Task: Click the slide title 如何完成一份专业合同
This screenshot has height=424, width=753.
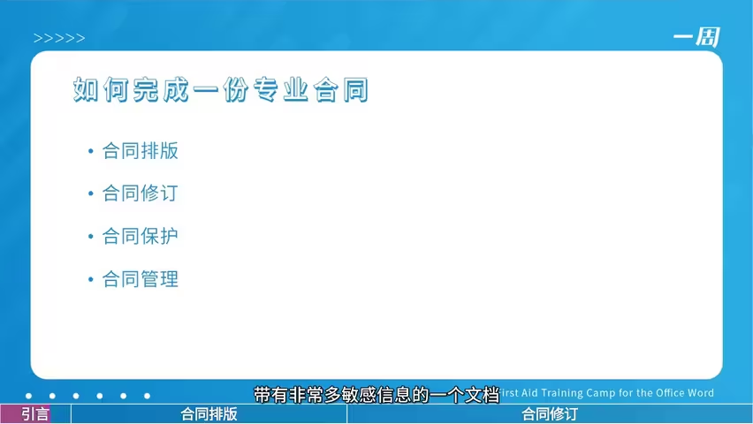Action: coord(221,89)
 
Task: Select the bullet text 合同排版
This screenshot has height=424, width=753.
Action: coord(141,151)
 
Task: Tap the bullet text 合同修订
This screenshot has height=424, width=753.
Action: coord(141,193)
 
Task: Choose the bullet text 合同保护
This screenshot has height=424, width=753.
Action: coord(141,236)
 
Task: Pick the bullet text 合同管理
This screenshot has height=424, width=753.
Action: coord(141,278)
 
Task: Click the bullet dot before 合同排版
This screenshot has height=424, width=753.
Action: coord(90,151)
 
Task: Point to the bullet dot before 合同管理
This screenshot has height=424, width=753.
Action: coord(90,279)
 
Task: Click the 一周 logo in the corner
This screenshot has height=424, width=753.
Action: coord(696,37)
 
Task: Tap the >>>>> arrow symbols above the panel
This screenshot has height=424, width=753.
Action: coord(59,38)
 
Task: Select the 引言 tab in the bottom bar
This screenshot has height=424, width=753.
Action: coord(35,414)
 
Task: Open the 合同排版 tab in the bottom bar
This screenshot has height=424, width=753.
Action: coord(209,414)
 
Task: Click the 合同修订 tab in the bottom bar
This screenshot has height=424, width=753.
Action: coord(550,414)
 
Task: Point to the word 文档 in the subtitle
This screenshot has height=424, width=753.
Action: coord(483,395)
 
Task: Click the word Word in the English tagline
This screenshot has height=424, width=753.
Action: coord(701,393)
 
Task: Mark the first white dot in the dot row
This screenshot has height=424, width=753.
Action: coord(29,396)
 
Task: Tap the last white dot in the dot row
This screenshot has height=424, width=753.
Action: coord(147,396)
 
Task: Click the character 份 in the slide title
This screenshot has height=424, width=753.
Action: coord(236,89)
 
